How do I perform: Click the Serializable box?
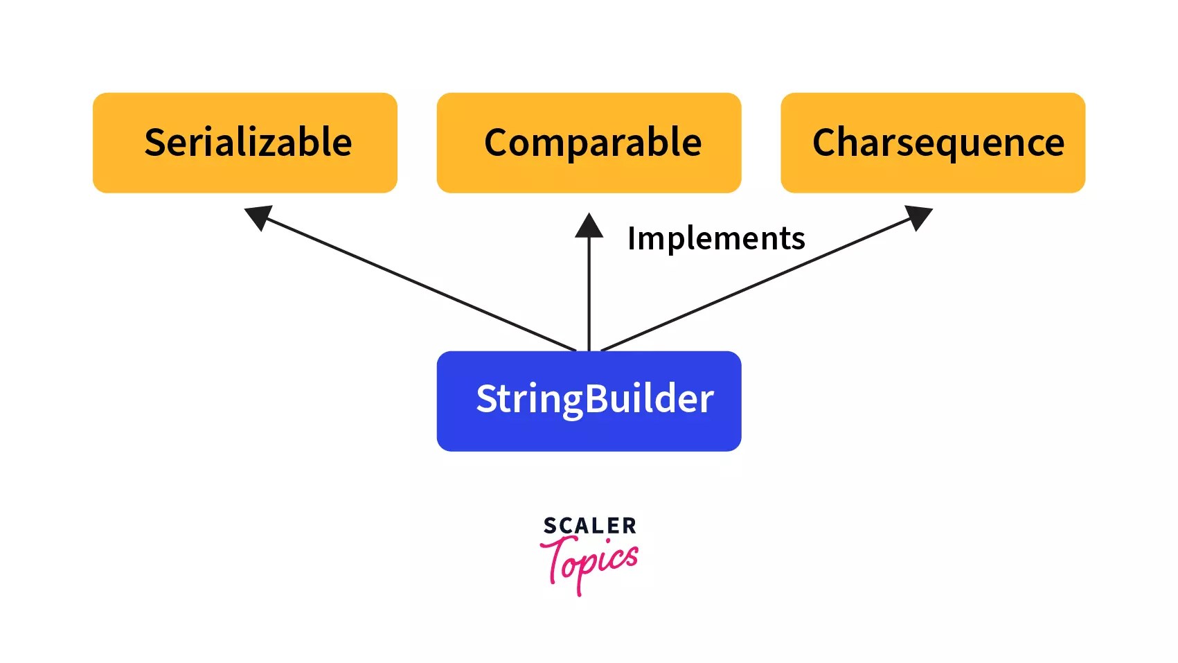244,143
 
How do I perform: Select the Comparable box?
589,143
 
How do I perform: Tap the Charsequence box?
932,143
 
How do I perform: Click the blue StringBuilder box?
589,401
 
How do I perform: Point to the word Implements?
715,238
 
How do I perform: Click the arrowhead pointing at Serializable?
258,217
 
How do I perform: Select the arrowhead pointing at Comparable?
589,226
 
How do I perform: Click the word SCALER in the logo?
589,526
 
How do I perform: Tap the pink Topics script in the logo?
589,563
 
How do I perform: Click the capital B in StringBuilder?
598,399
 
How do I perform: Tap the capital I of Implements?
632,238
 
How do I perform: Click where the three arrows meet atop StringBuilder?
589,350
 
